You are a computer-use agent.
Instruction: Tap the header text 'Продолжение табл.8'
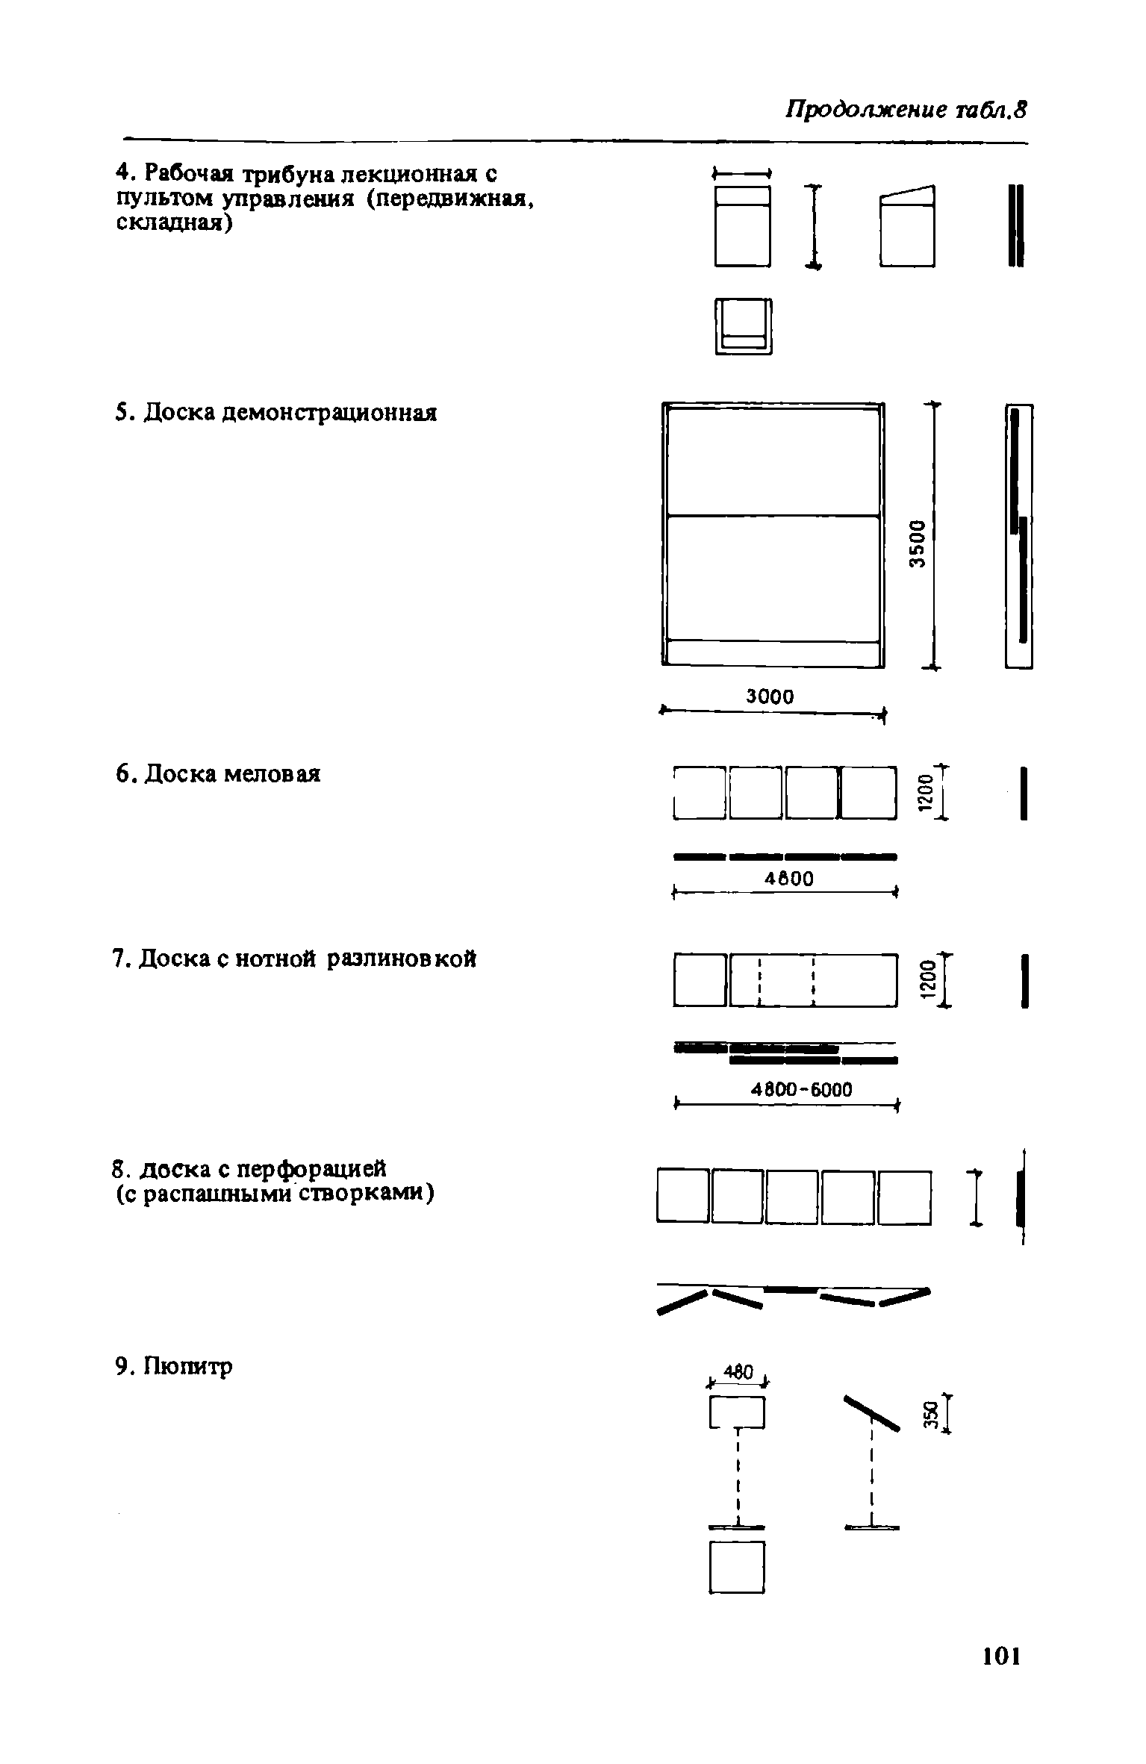click(906, 110)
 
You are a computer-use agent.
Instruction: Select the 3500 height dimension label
click(917, 542)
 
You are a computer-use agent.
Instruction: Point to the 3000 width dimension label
click(770, 696)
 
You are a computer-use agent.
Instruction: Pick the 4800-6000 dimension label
click(800, 1091)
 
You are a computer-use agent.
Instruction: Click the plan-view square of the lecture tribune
click(743, 325)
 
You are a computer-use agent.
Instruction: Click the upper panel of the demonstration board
click(773, 461)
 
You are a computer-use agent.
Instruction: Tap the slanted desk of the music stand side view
click(871, 1412)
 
